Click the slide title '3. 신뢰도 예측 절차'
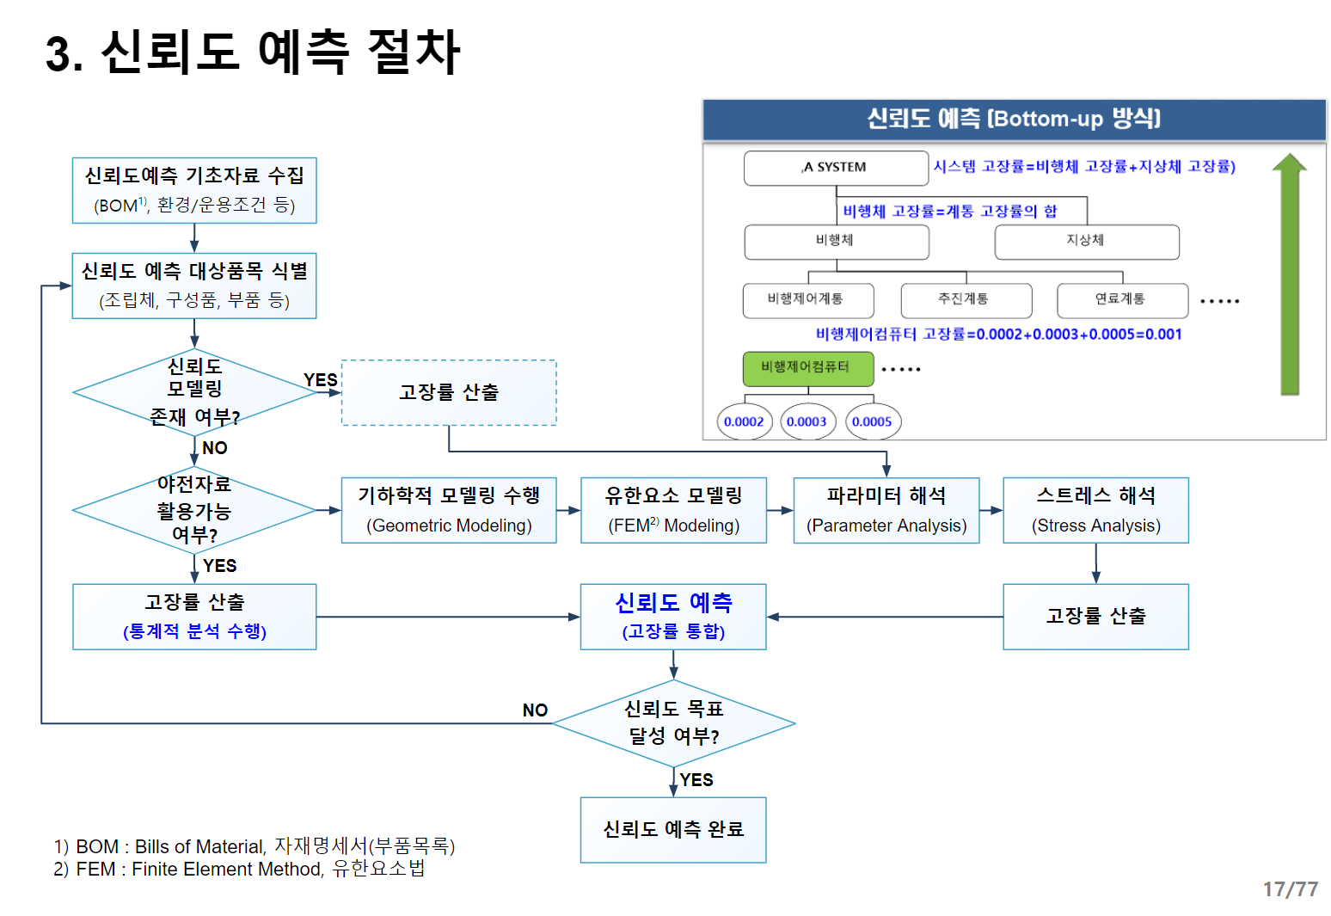point(253,52)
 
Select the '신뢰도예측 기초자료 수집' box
point(194,190)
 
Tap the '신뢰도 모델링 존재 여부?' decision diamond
point(194,392)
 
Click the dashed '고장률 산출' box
point(449,392)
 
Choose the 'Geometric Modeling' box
point(449,510)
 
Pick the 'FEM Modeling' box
point(673,510)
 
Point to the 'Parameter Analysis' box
point(886,510)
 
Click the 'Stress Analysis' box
point(1095,510)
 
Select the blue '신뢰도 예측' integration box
point(673,617)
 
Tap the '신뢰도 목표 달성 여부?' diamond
point(673,723)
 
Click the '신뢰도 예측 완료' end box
point(673,829)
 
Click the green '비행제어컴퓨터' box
point(807,368)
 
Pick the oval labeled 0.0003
point(807,421)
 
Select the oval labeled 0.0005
point(873,421)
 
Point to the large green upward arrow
point(1289,275)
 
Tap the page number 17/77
point(1290,889)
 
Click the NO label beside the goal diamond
point(535,710)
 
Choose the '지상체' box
point(1086,242)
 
